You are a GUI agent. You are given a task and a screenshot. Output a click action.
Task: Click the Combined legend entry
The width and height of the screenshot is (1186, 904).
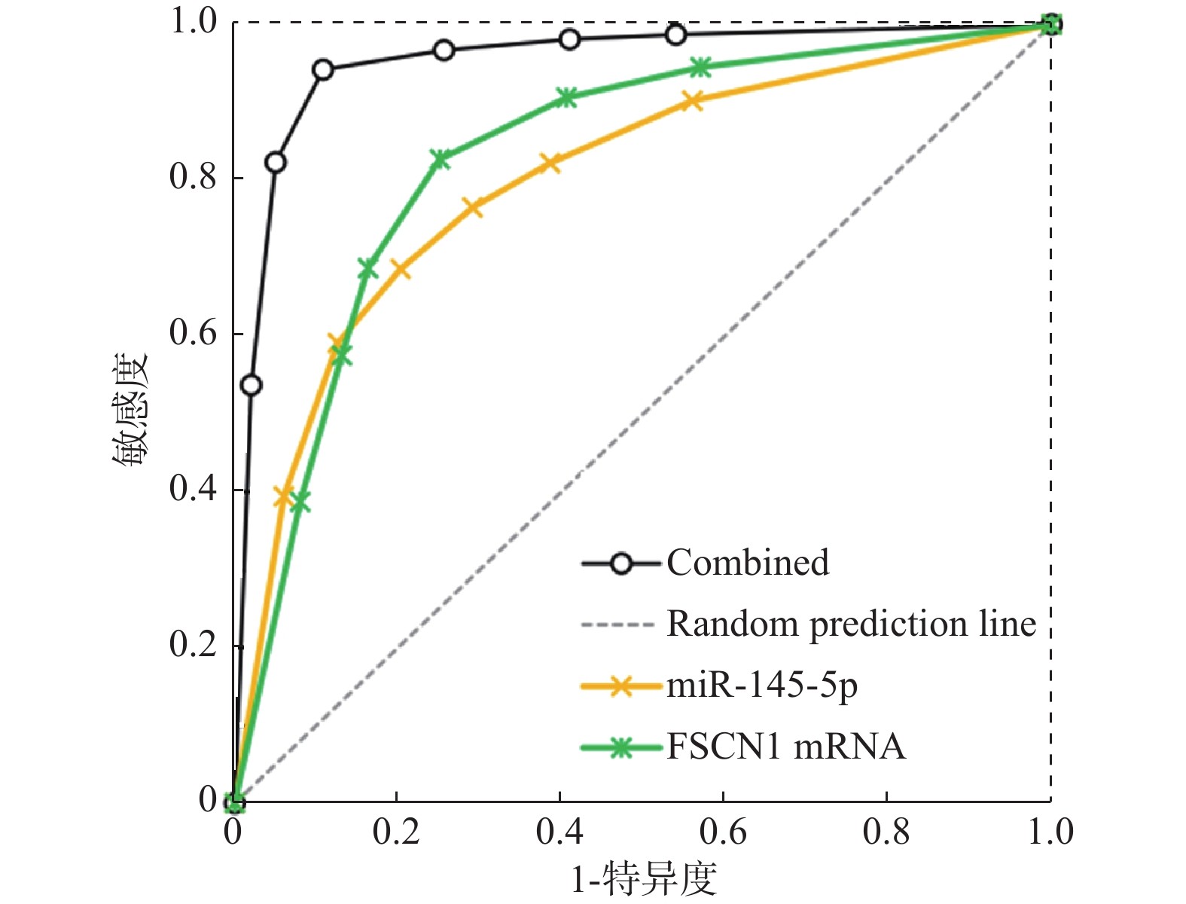pos(747,563)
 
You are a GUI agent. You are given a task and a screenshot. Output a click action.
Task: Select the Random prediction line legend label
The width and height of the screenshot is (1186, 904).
pos(851,624)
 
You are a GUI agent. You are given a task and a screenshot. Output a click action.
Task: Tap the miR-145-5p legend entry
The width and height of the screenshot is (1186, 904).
pos(761,686)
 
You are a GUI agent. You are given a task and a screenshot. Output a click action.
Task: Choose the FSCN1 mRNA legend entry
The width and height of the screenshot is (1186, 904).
pos(785,747)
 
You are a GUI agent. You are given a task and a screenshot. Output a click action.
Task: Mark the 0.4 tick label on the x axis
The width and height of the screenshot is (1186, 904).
pos(559,832)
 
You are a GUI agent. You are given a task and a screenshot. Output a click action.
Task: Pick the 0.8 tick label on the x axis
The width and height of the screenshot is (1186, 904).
pos(886,832)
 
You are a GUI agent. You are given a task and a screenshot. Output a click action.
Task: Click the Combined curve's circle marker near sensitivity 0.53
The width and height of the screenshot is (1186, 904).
pos(251,386)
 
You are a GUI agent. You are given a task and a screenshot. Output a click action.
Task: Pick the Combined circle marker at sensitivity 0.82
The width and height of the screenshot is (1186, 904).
pos(276,163)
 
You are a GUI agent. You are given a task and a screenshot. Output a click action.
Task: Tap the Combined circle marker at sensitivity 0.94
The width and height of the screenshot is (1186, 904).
pos(323,70)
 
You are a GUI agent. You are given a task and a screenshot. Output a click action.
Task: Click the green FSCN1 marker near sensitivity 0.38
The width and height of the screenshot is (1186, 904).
pos(300,502)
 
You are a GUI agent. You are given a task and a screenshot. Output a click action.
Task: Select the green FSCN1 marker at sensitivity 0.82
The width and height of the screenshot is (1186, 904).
pos(441,159)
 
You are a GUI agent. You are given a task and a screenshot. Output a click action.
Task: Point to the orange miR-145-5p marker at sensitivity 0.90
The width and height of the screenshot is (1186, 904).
pos(693,101)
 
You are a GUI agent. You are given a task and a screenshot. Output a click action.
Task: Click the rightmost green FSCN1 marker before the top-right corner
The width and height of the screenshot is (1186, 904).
pos(700,68)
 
